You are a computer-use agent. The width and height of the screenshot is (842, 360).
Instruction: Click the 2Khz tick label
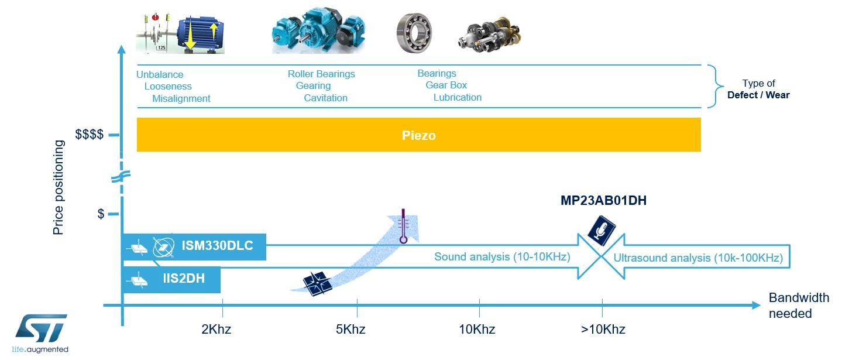point(216,329)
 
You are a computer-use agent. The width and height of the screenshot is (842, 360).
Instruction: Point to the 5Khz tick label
point(350,329)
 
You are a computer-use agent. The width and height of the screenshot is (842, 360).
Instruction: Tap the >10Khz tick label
point(603,329)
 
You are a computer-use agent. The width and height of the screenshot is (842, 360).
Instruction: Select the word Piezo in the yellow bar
point(419,135)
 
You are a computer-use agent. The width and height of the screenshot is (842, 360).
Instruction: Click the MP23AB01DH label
point(603,201)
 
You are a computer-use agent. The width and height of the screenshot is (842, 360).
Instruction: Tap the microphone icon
point(602,230)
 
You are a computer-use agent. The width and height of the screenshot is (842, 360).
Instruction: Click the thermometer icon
point(403,226)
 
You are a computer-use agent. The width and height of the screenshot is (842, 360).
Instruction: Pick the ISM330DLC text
point(217,246)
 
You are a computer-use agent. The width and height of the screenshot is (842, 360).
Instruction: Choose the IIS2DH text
point(184,279)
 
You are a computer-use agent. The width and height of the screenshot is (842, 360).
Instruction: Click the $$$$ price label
point(89,134)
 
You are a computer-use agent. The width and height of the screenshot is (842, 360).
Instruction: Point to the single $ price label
point(101,214)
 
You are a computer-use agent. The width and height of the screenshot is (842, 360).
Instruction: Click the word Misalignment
point(181,98)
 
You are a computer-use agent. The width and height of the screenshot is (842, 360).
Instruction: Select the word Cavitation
point(325,98)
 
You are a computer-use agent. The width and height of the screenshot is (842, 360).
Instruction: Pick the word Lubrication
point(458,97)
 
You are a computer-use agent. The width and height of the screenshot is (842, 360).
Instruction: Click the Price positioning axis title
point(59,187)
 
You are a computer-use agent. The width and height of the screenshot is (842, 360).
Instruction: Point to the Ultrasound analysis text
point(698,258)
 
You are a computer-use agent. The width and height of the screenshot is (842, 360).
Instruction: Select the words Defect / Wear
point(758,95)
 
